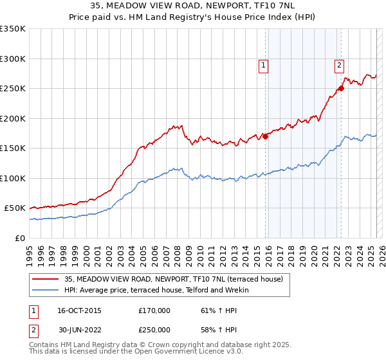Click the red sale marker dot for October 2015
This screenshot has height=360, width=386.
[265, 136]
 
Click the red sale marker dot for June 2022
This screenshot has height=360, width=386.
[342, 89]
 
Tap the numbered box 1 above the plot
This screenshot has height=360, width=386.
[264, 64]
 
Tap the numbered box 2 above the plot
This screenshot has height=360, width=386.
[339, 64]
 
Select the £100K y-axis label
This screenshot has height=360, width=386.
[13, 178]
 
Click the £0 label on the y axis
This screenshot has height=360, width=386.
[19, 238]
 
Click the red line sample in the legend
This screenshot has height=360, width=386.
[45, 278]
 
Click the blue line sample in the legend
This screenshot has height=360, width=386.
[45, 290]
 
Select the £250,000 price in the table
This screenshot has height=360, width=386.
[154, 329]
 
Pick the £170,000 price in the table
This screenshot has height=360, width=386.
[154, 310]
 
